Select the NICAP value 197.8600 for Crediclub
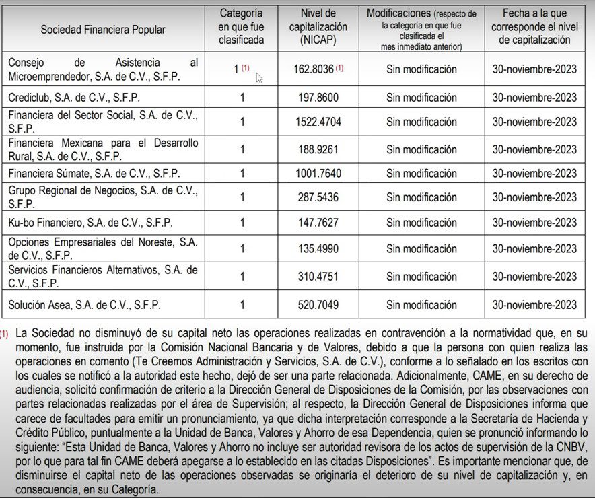point(318,98)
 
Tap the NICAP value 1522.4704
point(318,122)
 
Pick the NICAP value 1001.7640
point(318,174)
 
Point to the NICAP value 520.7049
point(318,305)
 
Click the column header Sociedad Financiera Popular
point(103,30)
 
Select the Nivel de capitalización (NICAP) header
point(318,28)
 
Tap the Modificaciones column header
point(421,30)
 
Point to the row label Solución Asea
point(84,305)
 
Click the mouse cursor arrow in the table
point(258,77)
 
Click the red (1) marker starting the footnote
point(5,333)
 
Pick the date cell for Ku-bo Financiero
point(534,223)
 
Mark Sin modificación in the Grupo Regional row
point(421,197)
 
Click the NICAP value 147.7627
point(318,223)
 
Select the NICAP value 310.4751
point(318,276)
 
